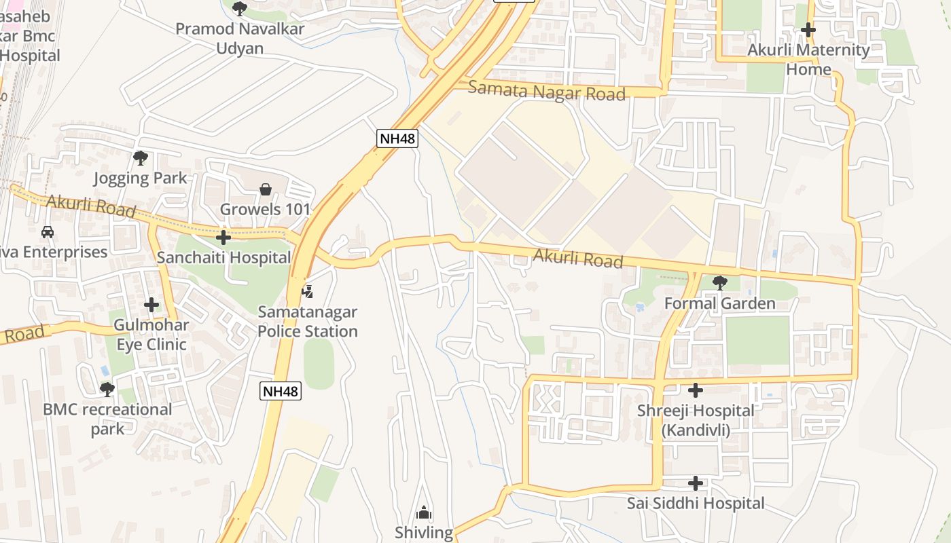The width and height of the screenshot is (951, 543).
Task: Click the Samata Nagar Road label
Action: click(x=547, y=90)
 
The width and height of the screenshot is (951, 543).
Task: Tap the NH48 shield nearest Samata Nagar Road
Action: click(x=397, y=138)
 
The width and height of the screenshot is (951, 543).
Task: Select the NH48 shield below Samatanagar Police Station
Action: click(x=281, y=391)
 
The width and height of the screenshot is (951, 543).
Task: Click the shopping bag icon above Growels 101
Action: click(x=266, y=189)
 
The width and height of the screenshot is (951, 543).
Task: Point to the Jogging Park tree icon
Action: click(x=141, y=158)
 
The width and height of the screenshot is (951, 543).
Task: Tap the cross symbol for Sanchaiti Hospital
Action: click(x=223, y=238)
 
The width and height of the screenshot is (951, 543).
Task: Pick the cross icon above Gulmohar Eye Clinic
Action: click(x=151, y=305)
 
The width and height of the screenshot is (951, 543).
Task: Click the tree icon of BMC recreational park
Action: click(x=107, y=390)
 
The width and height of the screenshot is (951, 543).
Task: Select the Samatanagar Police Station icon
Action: click(x=308, y=292)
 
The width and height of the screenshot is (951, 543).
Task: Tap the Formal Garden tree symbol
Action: click(x=719, y=282)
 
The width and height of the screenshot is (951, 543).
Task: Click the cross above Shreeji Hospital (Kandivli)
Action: click(x=696, y=390)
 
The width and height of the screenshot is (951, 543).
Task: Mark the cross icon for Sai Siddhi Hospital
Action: click(x=696, y=483)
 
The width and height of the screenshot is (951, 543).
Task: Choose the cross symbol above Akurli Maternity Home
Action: click(x=808, y=30)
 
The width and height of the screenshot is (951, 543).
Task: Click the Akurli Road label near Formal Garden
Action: click(x=578, y=258)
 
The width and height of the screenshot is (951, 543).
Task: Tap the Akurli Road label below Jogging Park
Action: click(x=91, y=205)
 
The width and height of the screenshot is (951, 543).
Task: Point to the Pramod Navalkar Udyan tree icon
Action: click(x=240, y=9)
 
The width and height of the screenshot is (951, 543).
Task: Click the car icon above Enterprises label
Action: click(x=48, y=232)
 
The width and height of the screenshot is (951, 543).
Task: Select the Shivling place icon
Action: click(x=424, y=512)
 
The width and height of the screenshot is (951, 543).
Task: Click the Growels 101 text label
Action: click(x=265, y=209)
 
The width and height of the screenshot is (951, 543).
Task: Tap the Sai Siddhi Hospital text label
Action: click(x=696, y=504)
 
